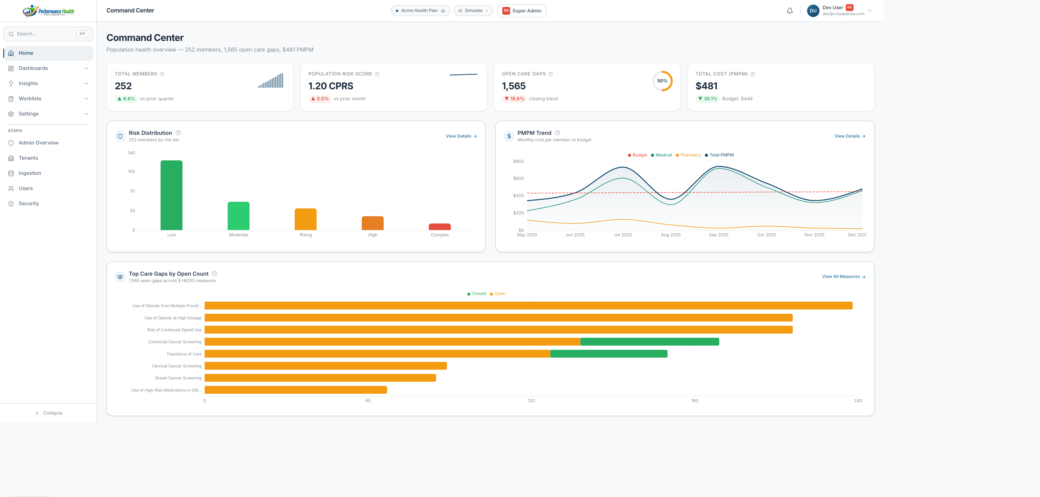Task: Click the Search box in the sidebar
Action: click(x=48, y=34)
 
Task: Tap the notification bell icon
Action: click(x=790, y=11)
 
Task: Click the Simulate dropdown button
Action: click(x=473, y=11)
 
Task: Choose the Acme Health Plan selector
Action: click(x=420, y=11)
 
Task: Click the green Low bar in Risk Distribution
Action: click(x=171, y=195)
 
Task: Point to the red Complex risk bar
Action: click(x=440, y=227)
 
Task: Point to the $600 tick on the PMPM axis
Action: click(x=518, y=178)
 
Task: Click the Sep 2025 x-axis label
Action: click(x=719, y=235)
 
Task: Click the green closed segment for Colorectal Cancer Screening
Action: click(x=650, y=342)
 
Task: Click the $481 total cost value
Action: click(x=706, y=86)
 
